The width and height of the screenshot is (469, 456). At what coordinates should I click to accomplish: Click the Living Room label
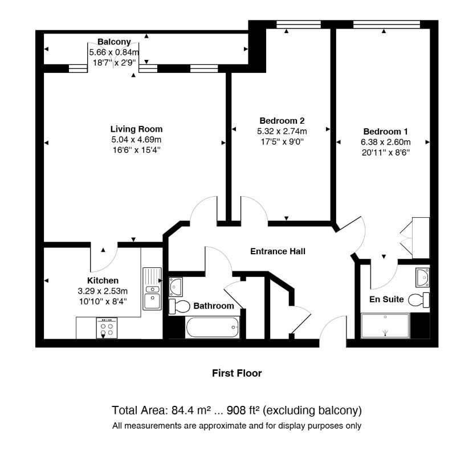[136, 129]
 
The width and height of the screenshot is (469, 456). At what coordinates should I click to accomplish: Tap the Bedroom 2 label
[282, 121]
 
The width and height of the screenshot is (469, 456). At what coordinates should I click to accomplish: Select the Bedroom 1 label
[386, 131]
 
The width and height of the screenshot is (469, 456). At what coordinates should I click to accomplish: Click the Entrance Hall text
[278, 251]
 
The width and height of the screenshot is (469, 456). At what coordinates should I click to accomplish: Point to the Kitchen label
[103, 280]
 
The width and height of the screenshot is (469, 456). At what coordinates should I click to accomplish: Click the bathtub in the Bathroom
[213, 327]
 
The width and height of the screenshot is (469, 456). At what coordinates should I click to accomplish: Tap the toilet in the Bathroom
[179, 307]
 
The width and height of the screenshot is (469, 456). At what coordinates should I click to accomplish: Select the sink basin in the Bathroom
[176, 287]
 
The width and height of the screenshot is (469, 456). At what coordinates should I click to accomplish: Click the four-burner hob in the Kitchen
[107, 328]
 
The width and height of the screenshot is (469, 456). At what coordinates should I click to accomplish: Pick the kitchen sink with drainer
[152, 288]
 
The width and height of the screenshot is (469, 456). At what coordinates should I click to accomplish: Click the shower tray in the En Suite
[385, 326]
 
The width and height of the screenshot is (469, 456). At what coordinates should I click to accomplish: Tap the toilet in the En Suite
[419, 300]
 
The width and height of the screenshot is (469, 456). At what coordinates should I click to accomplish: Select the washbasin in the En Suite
[423, 278]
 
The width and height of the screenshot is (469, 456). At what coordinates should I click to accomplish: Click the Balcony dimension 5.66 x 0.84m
[114, 52]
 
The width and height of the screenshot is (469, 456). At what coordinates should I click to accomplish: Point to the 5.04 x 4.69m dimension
[136, 140]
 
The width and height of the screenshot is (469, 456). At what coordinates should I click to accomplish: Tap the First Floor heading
[237, 373]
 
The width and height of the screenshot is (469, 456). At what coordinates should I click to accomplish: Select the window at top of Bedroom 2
[299, 25]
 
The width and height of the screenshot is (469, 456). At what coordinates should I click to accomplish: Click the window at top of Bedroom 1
[386, 25]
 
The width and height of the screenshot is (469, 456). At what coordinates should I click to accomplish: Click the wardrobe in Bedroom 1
[421, 238]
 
